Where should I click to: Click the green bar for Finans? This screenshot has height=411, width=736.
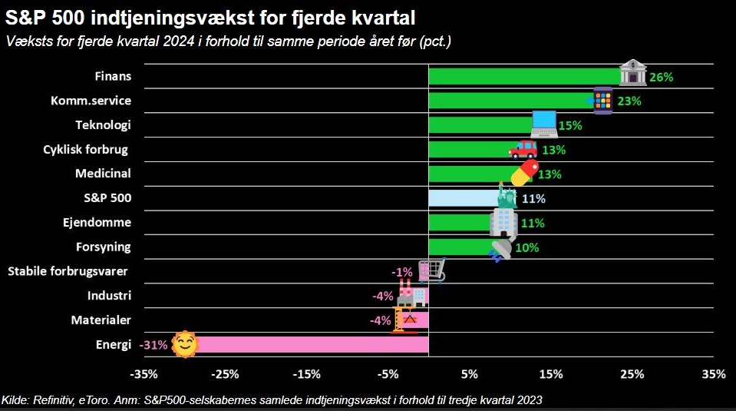tap(522, 76)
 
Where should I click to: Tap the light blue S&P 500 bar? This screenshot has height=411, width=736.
tap(460, 198)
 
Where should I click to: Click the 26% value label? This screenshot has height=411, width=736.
tap(661, 77)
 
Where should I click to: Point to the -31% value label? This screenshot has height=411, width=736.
tap(154, 345)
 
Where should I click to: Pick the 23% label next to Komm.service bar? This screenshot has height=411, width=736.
tap(629, 101)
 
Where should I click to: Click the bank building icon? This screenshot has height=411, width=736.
tap(632, 72)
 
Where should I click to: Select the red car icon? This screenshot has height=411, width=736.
tap(523, 148)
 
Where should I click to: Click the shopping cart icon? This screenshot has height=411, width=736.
tap(431, 270)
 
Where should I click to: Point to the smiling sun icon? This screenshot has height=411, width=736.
tap(184, 345)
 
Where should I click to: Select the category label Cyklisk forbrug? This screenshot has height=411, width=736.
tap(85, 149)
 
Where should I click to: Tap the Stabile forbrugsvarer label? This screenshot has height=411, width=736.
tap(68, 270)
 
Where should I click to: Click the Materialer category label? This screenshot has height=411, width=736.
tap(101, 320)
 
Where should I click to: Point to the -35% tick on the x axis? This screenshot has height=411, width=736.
tap(144, 375)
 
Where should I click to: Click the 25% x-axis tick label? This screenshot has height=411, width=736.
tap(632, 375)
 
